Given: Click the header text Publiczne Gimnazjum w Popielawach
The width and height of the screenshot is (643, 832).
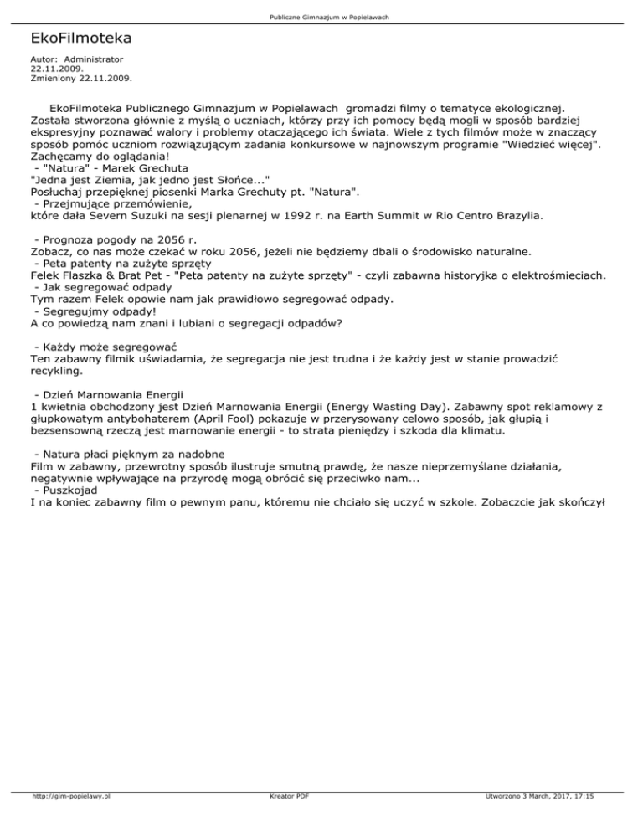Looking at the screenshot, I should [321, 17].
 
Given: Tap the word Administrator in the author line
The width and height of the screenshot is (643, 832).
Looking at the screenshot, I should [94, 59].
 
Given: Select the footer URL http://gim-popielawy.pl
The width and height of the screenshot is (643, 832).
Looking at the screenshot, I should [69, 819].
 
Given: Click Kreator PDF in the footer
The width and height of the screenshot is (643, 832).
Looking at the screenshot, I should [285, 819].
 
